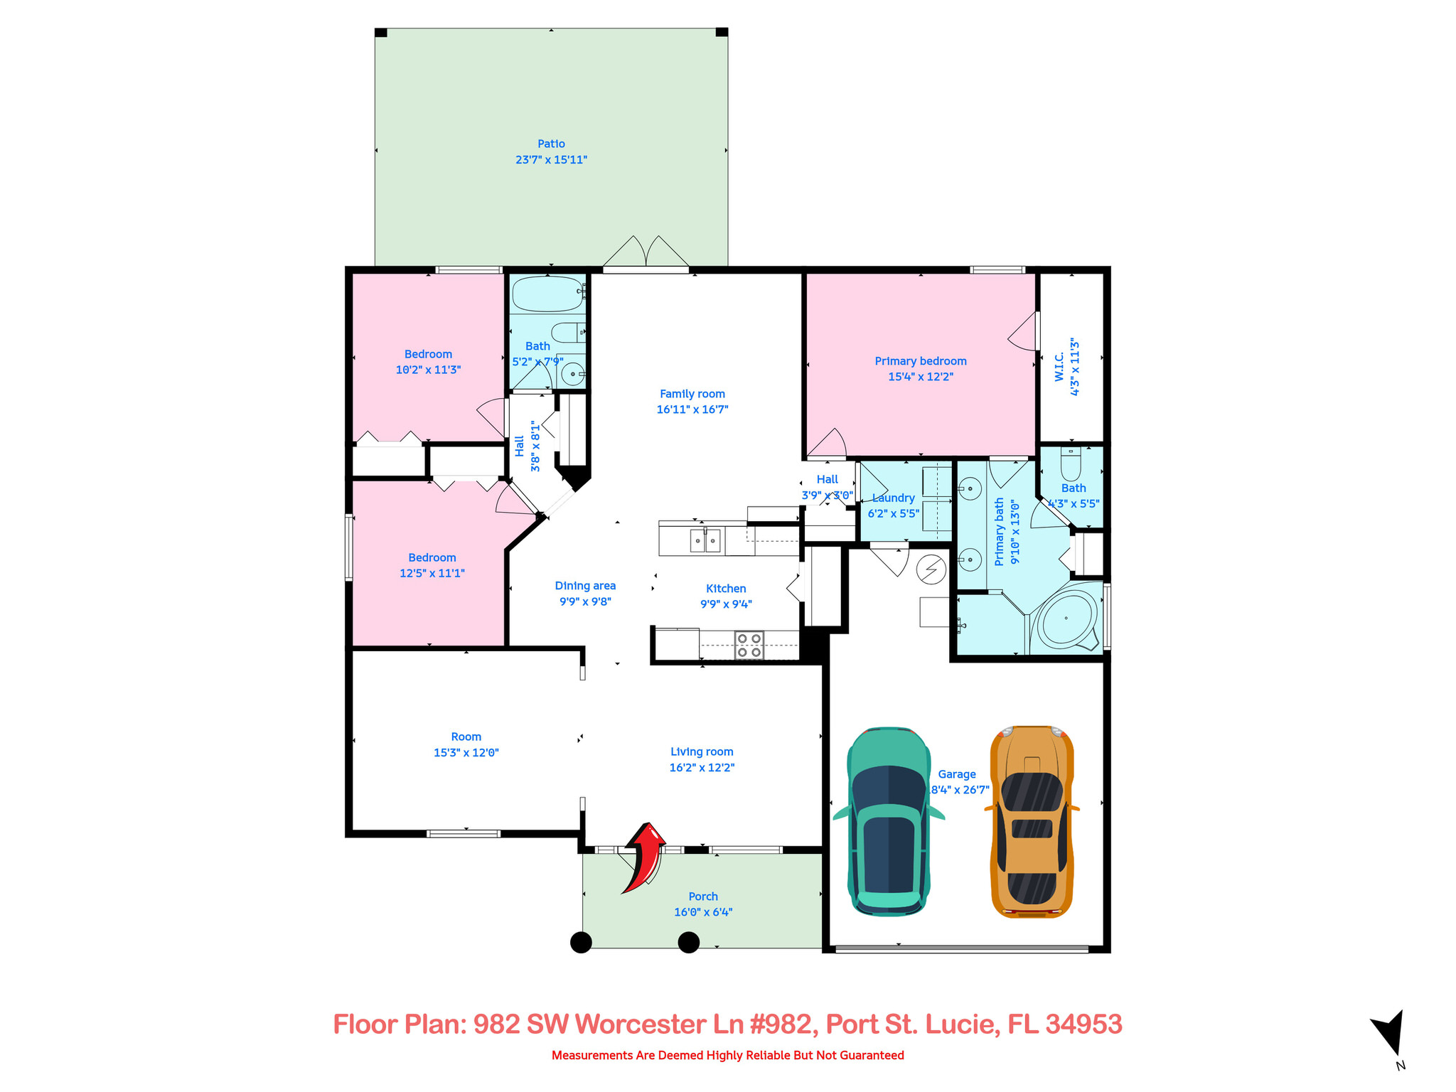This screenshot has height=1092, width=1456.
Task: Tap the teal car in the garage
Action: (889, 821)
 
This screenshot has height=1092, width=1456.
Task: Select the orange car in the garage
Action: (1032, 821)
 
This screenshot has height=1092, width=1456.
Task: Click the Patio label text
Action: (551, 144)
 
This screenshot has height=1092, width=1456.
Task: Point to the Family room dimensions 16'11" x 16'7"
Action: (692, 409)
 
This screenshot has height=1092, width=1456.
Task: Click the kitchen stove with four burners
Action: (749, 645)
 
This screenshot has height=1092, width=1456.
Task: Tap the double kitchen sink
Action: (705, 541)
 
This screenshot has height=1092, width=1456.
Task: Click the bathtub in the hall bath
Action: (547, 293)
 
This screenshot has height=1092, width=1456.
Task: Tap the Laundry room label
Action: (894, 498)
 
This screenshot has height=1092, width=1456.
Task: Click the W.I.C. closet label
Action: (1059, 367)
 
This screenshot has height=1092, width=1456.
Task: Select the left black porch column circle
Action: (581, 943)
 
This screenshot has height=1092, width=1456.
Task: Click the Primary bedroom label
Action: (920, 361)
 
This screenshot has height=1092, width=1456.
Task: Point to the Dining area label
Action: (585, 586)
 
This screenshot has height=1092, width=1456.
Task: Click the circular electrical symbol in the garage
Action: (931, 569)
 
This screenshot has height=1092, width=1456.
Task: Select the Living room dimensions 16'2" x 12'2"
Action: (701, 768)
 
